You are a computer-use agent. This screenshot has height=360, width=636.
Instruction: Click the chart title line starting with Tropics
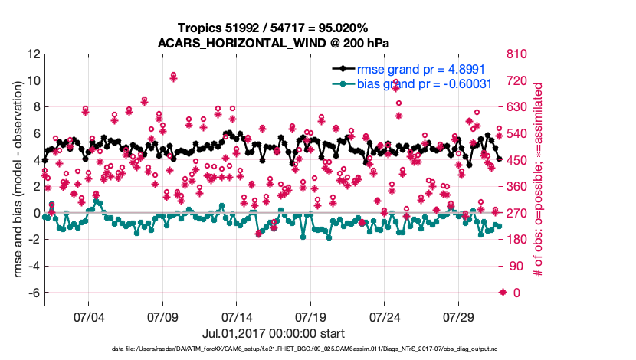pos(274,28)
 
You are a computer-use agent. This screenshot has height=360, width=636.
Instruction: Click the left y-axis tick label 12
pos(33,54)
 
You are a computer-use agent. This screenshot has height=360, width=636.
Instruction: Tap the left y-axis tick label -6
pos(33,293)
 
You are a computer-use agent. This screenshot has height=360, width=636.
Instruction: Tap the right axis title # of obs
pos(539,174)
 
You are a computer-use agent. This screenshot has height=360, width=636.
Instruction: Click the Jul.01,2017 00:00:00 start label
pos(274,333)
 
